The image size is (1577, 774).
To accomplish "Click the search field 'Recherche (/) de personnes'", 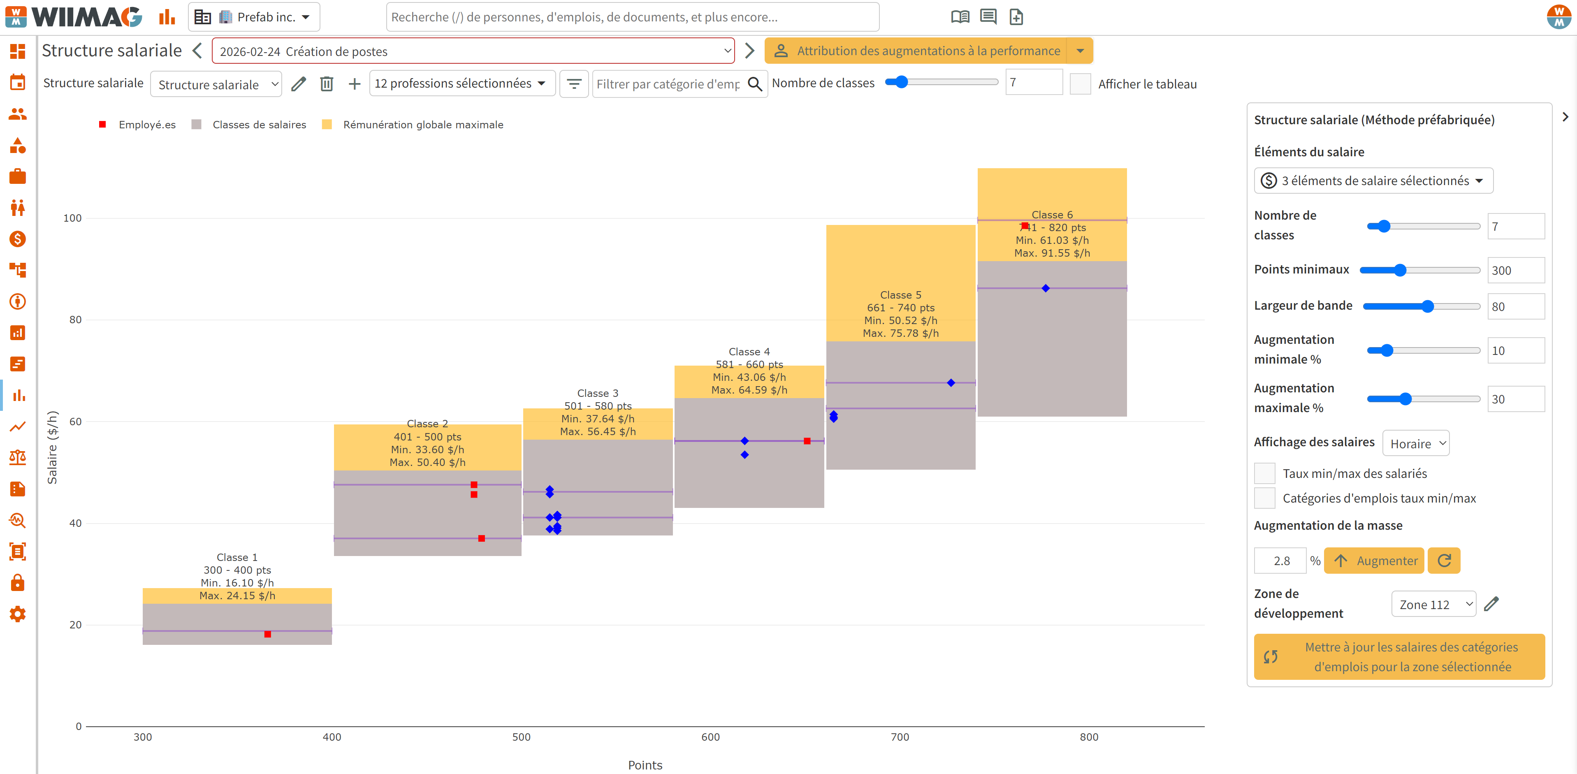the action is pos(632,17).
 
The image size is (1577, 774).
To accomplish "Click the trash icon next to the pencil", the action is pos(327,84).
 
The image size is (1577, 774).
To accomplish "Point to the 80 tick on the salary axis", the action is pos(75,320).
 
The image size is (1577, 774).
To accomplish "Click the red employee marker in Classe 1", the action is pos(267,635).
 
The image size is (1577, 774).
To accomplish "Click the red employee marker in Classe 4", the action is pos(807,441).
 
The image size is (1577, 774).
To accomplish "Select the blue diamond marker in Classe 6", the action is pos(1046,288).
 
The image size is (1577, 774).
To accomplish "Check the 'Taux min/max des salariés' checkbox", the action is pos(1265,473).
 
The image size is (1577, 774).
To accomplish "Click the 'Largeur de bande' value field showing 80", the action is pos(1516,307).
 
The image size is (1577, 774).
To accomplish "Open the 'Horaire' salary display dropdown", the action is pos(1416,443).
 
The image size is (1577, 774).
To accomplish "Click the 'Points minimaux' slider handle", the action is pos(1400,270).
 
